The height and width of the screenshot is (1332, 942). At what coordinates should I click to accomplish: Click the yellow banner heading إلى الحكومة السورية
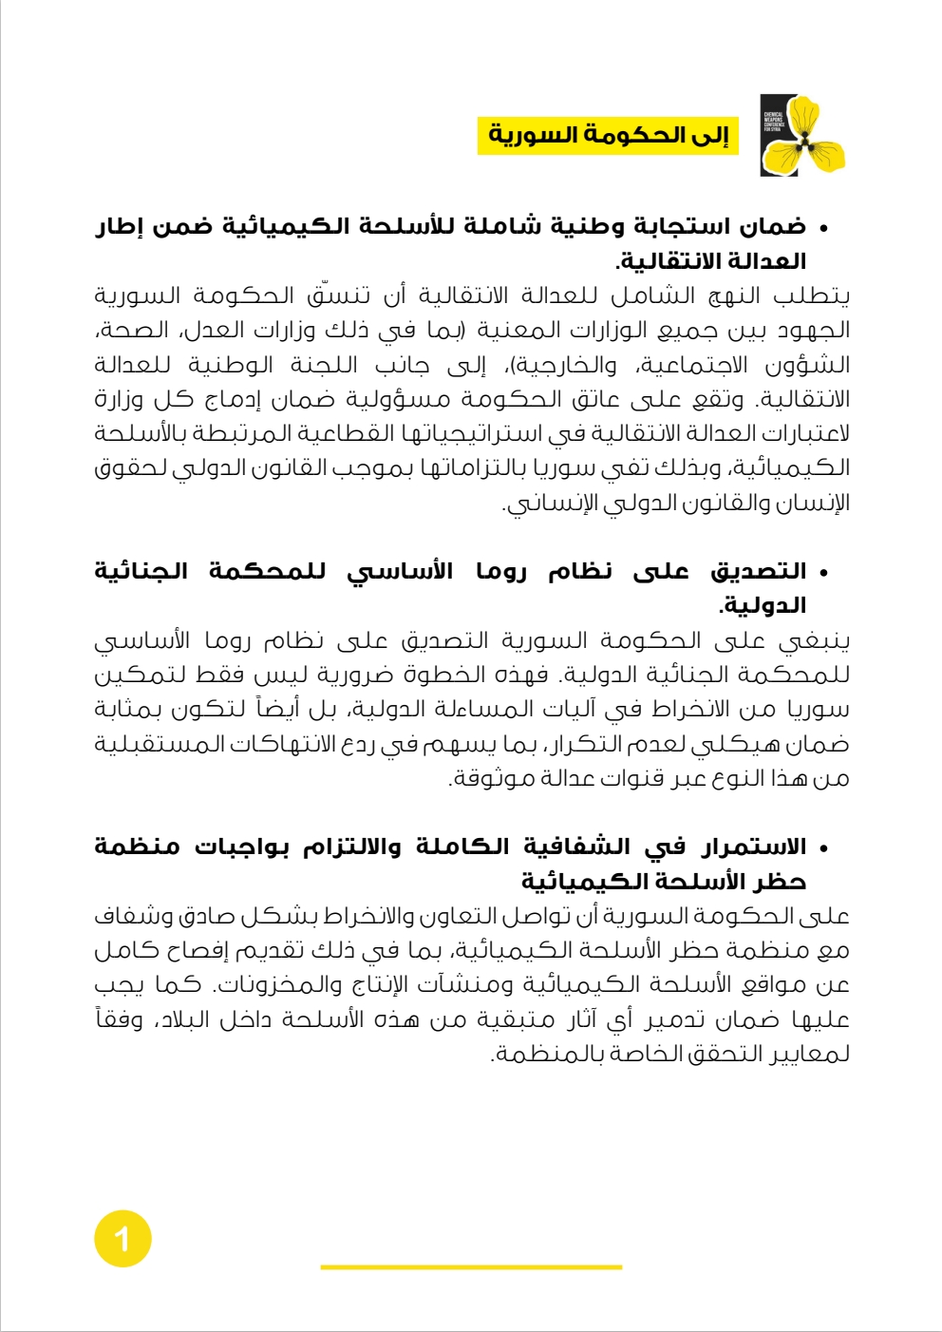[x=608, y=135]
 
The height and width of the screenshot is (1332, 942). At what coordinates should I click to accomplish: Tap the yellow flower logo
[x=803, y=136]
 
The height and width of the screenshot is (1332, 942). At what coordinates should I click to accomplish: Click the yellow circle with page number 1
[x=122, y=1239]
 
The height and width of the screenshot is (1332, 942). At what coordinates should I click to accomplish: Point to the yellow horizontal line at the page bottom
[x=471, y=1266]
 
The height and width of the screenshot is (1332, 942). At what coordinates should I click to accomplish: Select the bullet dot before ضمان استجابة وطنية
[x=823, y=228]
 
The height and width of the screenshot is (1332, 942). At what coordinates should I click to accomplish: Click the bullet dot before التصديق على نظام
[x=823, y=573]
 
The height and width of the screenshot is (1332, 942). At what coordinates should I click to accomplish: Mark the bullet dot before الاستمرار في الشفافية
[x=823, y=847]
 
